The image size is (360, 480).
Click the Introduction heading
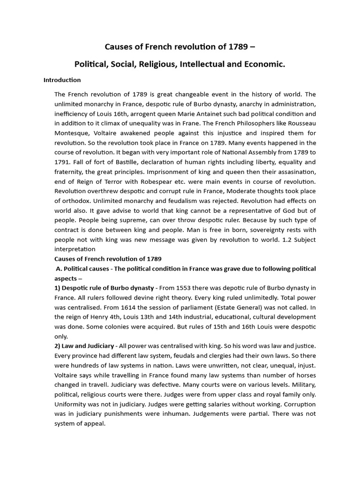(x=62, y=80)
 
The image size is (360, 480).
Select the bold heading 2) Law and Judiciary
(x=84, y=346)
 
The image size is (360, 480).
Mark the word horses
(x=304, y=375)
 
